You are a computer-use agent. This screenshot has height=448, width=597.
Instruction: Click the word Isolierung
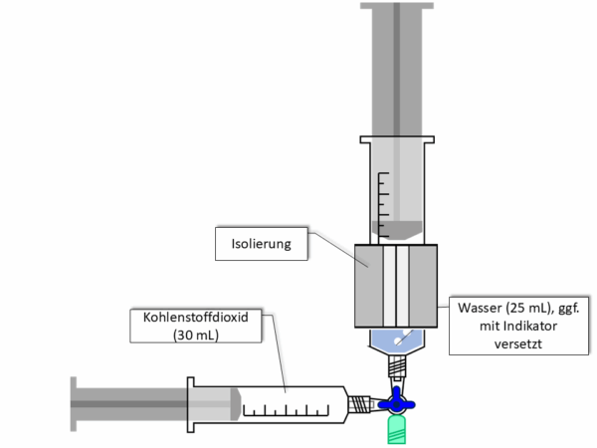[x=261, y=244]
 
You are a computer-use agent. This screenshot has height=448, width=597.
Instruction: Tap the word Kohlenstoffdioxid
[x=196, y=317]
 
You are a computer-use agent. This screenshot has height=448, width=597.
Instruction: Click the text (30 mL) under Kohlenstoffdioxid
[x=196, y=336]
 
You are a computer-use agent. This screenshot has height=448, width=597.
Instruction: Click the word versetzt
[x=517, y=344]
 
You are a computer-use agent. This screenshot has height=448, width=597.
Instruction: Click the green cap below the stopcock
[x=396, y=430]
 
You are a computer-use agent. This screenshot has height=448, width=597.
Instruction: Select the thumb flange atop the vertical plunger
[x=397, y=6]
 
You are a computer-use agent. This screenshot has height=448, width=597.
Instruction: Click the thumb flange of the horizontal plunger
[x=74, y=404]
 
